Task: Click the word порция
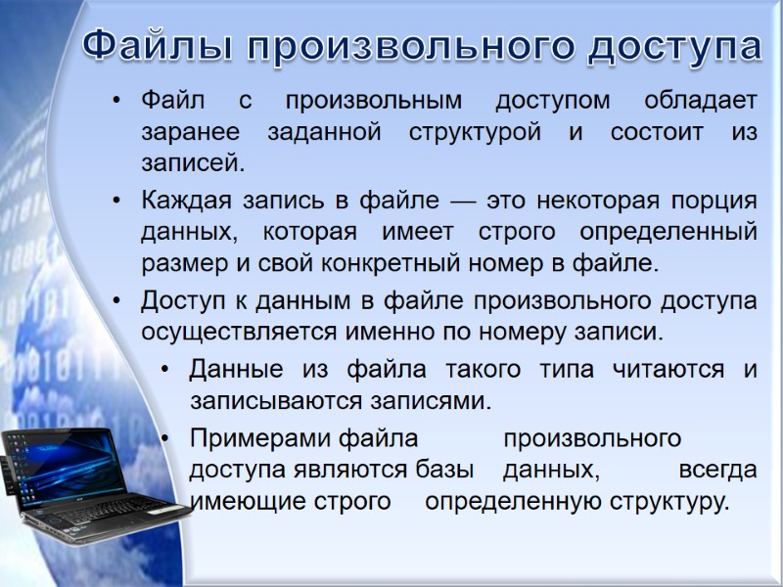click(x=719, y=201)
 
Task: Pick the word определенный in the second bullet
click(x=668, y=233)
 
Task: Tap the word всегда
click(x=717, y=470)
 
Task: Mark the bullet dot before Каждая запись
click(x=117, y=202)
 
